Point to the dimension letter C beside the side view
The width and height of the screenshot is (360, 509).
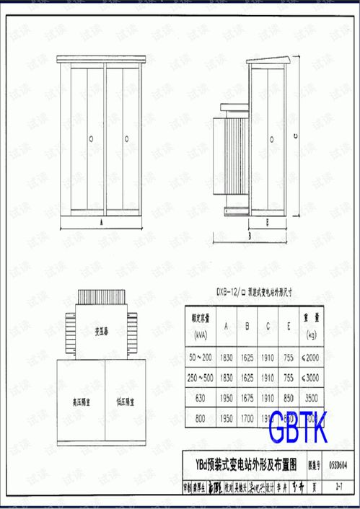click(296, 135)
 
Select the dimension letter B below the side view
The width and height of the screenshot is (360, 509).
click(247, 235)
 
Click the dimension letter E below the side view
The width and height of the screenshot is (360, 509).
click(266, 222)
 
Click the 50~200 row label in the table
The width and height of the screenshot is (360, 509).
click(200, 358)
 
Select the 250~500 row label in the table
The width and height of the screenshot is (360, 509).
click(200, 377)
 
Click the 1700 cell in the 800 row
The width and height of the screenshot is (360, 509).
click(247, 417)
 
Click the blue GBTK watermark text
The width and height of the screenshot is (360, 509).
click(298, 429)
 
